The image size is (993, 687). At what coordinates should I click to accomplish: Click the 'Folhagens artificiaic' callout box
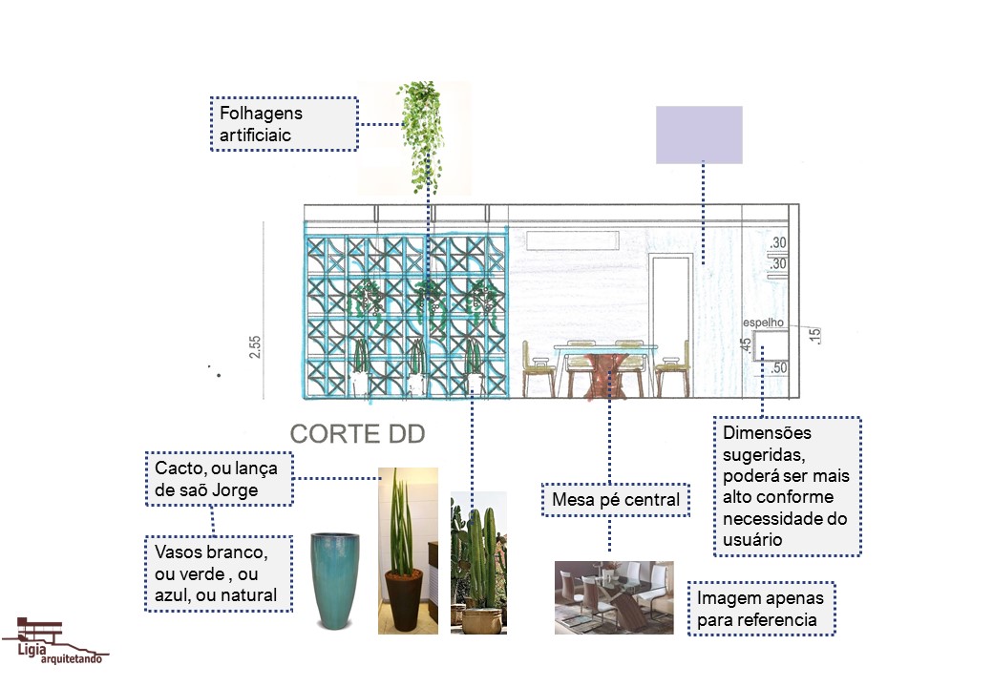click(x=284, y=124)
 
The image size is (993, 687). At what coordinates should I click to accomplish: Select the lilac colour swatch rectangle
click(x=699, y=135)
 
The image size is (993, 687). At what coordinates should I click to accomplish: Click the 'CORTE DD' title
click(x=357, y=434)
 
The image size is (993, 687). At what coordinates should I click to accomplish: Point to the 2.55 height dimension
click(x=255, y=345)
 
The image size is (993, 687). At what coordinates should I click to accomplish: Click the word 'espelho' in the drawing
click(x=762, y=323)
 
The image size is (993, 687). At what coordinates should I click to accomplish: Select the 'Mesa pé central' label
click(x=615, y=499)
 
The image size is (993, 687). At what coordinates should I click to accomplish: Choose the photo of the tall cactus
click(x=478, y=563)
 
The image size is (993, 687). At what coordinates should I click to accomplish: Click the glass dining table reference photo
click(x=614, y=597)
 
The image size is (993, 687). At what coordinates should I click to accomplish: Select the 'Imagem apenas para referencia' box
click(x=761, y=609)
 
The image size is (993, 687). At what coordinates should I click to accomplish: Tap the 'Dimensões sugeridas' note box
click(x=788, y=486)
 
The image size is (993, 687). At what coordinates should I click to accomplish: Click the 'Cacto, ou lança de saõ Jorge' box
click(x=219, y=479)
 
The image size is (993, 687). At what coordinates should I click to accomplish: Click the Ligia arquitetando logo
click(x=54, y=640)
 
